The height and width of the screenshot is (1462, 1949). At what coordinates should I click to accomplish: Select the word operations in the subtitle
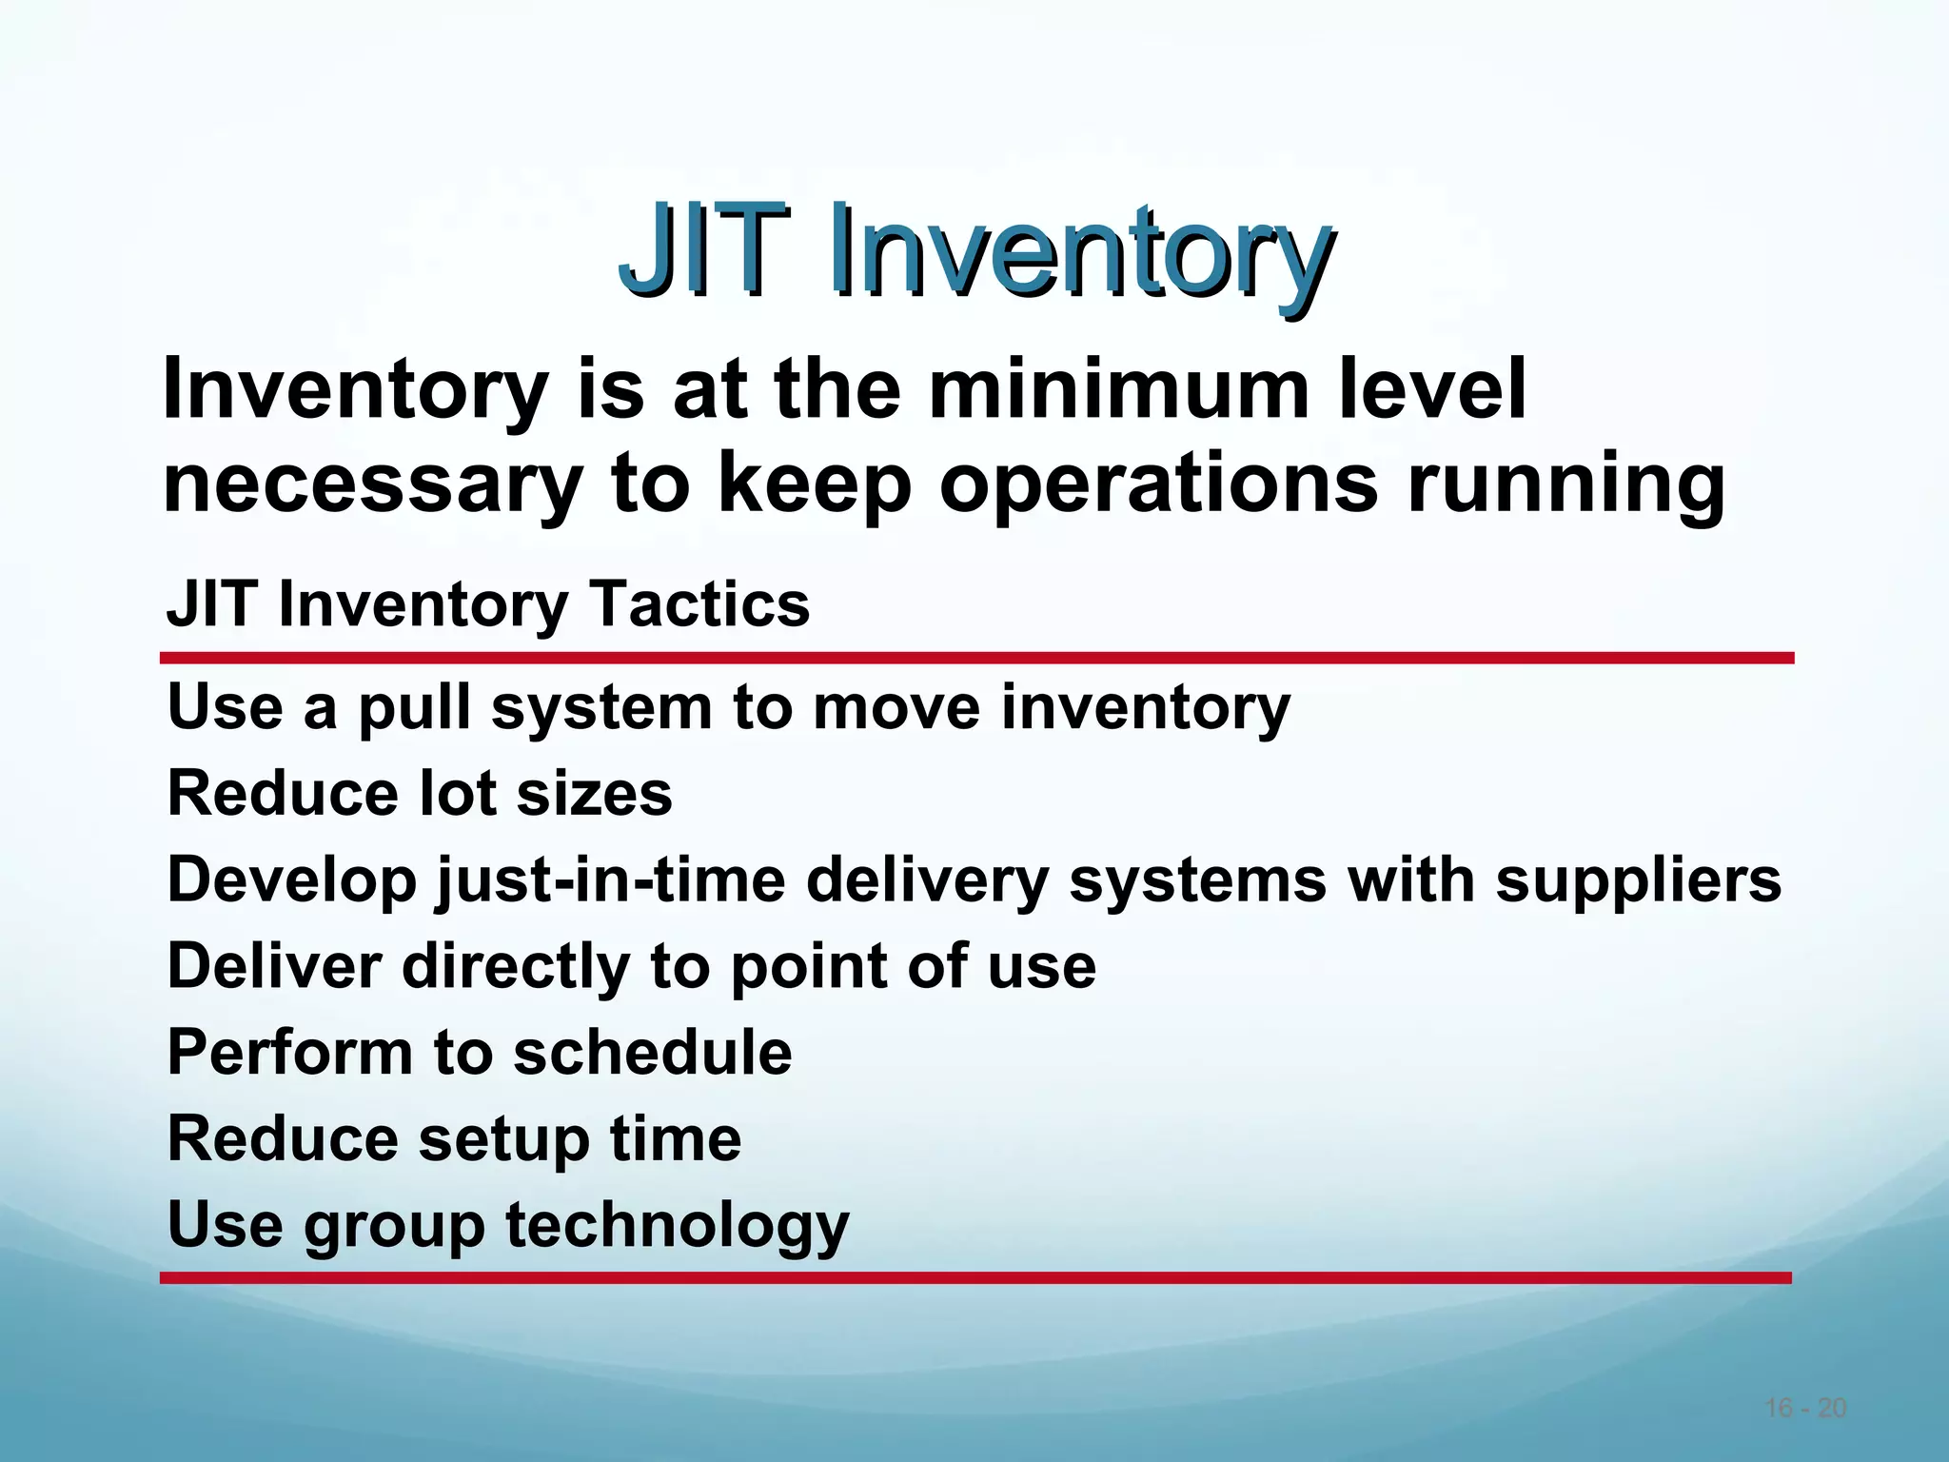point(1158,483)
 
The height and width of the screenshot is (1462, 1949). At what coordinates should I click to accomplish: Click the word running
point(1565,483)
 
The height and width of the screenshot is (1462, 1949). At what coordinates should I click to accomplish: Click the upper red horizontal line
point(976,658)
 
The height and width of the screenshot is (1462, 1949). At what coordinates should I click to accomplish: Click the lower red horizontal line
point(976,1277)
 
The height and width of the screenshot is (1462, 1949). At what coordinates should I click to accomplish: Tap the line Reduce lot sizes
point(420,793)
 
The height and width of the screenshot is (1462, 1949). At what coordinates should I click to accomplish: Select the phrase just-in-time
point(610,879)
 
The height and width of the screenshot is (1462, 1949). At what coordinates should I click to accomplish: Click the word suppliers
point(1638,879)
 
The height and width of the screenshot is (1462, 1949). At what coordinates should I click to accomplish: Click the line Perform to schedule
point(480,1052)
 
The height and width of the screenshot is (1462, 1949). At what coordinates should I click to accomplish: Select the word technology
point(677,1225)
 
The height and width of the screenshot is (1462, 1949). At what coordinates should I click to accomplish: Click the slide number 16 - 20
point(1805,1408)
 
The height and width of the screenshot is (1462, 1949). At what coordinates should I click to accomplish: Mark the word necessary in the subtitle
point(371,483)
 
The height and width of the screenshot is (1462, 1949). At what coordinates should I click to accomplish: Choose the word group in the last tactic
point(394,1225)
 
